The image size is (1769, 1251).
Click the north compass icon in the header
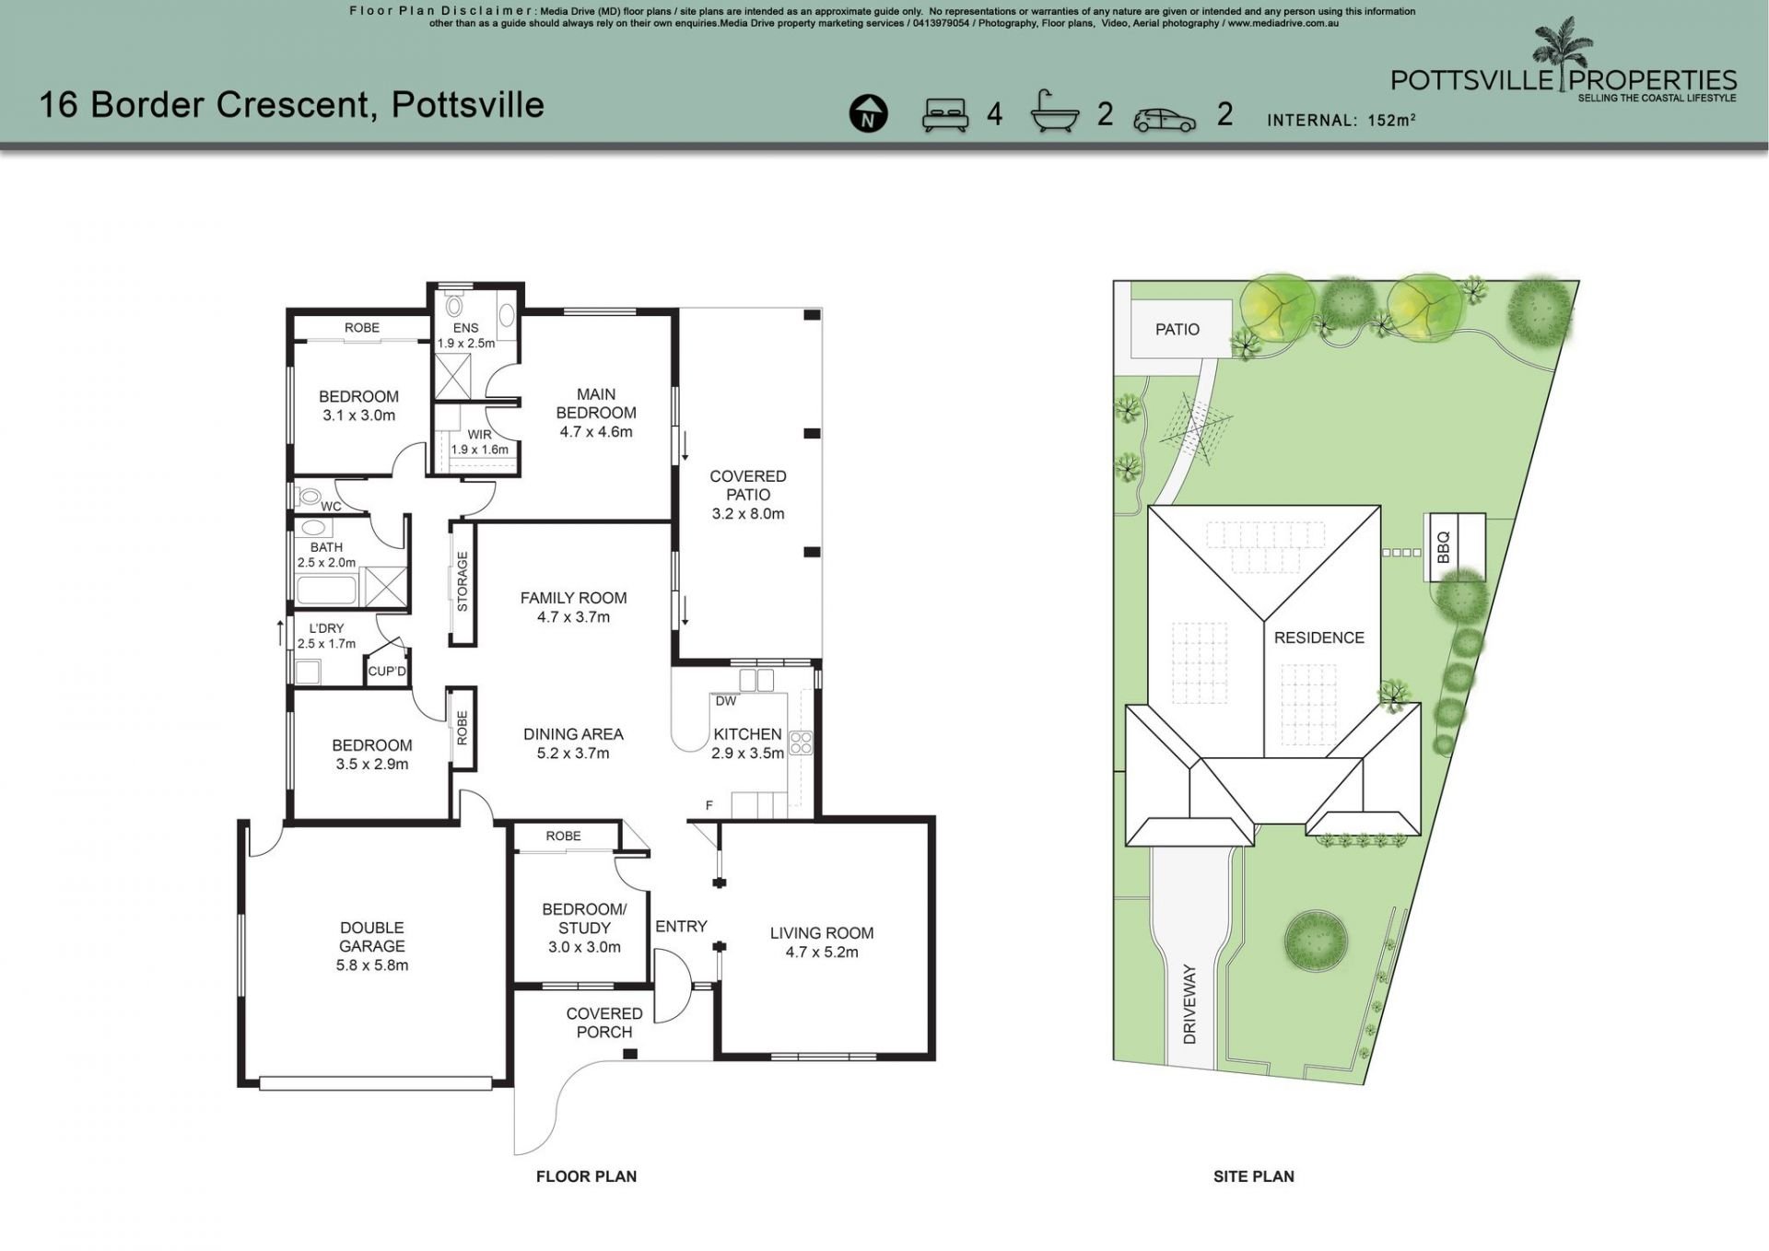(868, 114)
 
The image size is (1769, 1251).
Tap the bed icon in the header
(945, 114)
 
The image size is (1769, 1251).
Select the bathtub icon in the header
(1055, 112)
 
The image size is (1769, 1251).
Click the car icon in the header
(1165, 119)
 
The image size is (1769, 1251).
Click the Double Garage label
(372, 946)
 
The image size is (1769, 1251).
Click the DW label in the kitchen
(726, 701)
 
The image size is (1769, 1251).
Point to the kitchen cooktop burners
(800, 743)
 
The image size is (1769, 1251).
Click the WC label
(331, 507)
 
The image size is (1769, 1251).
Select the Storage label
(463, 582)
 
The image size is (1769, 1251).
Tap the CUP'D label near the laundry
(387, 672)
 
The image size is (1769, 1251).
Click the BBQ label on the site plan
(1443, 547)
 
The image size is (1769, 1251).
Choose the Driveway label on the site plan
(1189, 1005)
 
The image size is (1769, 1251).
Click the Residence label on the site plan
(1319, 637)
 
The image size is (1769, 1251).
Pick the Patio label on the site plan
(1177, 329)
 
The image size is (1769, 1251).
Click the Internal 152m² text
(1341, 120)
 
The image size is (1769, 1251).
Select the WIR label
(479, 435)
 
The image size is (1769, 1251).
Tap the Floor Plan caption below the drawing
(587, 1176)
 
